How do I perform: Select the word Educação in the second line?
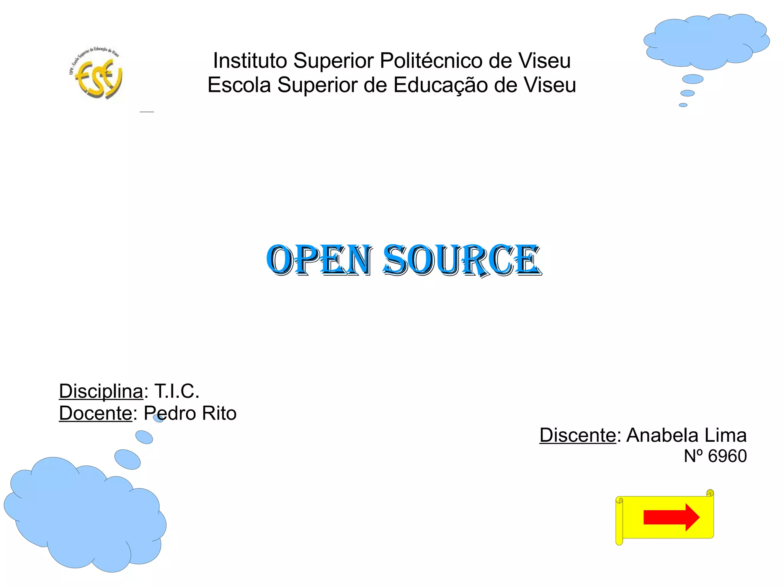click(x=440, y=85)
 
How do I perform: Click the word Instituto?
click(x=250, y=60)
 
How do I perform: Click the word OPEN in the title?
click(x=319, y=260)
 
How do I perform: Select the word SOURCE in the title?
click(x=462, y=260)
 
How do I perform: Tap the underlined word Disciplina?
click(x=101, y=391)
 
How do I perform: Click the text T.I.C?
click(x=176, y=391)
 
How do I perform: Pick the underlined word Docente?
click(x=95, y=413)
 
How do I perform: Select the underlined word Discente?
click(x=578, y=435)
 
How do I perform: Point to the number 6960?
click(x=727, y=456)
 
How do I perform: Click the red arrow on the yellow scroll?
click(x=671, y=517)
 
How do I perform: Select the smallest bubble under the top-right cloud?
click(x=683, y=105)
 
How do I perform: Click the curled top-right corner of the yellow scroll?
click(x=710, y=493)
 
